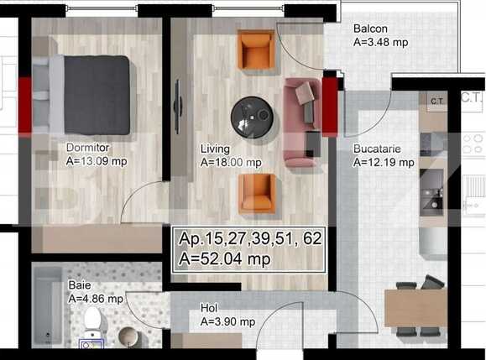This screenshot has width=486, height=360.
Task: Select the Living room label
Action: (216, 149)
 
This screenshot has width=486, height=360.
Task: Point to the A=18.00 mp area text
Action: (231, 163)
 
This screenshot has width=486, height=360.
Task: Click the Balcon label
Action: (369, 28)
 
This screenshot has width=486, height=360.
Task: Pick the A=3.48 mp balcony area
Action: (381, 40)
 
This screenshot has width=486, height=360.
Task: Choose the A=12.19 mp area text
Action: (384, 163)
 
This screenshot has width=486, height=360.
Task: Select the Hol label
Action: (210, 308)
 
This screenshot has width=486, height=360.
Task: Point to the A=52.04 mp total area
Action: (225, 260)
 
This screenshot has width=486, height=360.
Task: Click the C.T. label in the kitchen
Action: (436, 102)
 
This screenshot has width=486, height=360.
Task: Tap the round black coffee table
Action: (251, 115)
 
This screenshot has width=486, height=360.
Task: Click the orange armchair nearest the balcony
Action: (255, 50)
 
